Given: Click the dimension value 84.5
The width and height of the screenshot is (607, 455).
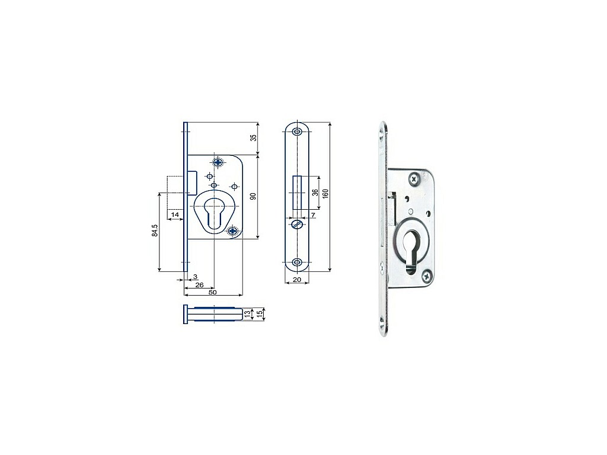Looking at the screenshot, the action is point(155,230).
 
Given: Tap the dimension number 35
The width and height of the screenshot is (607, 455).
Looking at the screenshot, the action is point(254,137).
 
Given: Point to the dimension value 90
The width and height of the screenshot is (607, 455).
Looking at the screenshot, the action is point(254,196).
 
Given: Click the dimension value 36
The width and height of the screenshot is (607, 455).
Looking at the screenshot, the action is point(315,193).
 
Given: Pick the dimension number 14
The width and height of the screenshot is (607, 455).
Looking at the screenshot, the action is point(175,214).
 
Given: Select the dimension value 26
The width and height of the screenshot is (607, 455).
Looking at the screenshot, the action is point(199,285).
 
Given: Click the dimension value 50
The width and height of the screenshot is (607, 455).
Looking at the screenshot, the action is point(213,292).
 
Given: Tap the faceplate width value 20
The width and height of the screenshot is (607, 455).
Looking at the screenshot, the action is point(297,280).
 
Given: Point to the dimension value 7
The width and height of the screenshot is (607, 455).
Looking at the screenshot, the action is point(313,214).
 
